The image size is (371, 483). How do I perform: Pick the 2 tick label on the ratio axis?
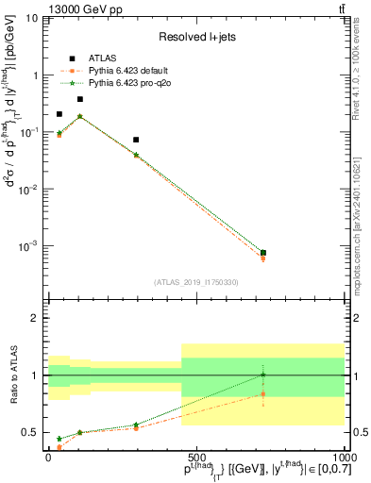(35, 318)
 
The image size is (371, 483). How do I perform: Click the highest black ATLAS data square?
(80, 99)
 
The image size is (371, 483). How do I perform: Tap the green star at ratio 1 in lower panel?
(262, 375)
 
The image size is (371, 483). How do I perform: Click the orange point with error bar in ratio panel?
(262, 394)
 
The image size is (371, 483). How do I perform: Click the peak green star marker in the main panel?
(80, 116)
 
